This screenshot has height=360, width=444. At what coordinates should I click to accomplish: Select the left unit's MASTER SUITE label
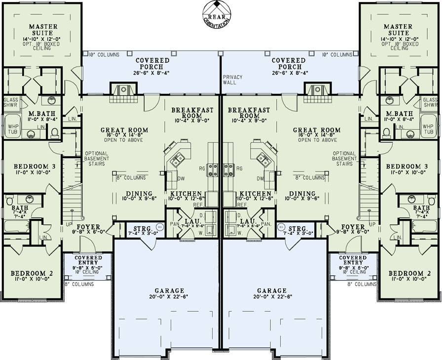(43, 30)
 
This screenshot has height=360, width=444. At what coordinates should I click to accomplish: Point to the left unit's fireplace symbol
(123, 90)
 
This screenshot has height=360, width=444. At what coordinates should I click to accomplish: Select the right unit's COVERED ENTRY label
(353, 258)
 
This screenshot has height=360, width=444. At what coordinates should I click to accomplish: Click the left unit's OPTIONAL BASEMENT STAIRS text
(96, 158)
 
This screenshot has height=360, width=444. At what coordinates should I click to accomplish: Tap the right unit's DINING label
(302, 194)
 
